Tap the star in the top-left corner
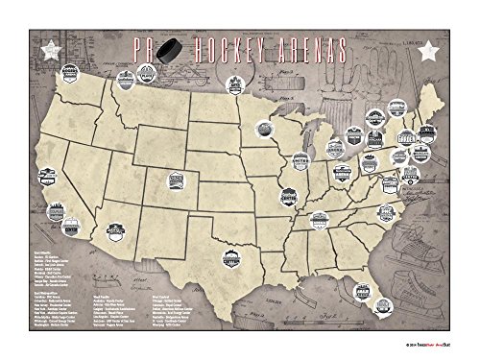(x=42, y=48)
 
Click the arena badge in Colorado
(x=176, y=179)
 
